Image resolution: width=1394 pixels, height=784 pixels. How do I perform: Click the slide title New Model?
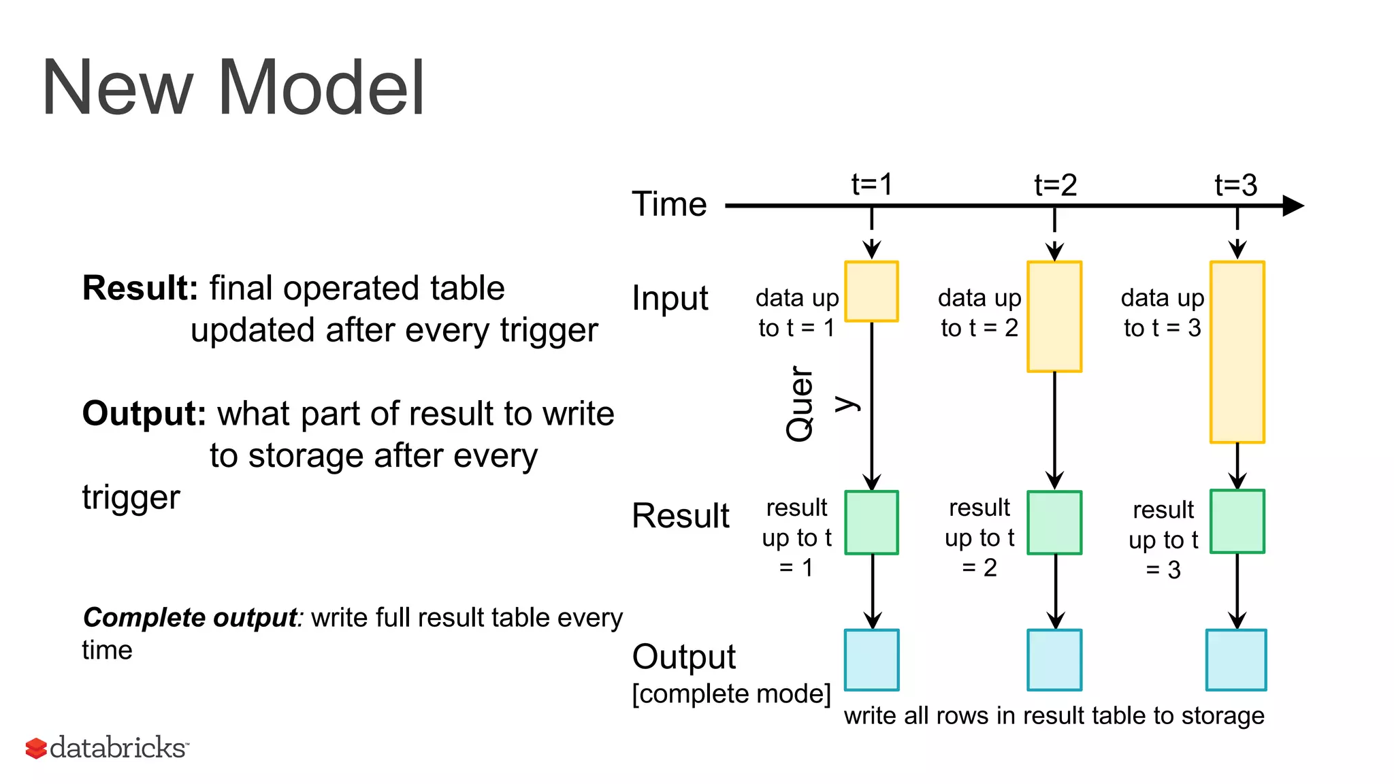pyautogui.click(x=233, y=88)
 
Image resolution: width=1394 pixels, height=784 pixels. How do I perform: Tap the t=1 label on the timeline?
pyautogui.click(x=872, y=184)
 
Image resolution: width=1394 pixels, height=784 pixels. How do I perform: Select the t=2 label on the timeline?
pyautogui.click(x=1055, y=185)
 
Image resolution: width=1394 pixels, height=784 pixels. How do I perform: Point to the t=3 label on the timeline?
pyautogui.click(x=1236, y=185)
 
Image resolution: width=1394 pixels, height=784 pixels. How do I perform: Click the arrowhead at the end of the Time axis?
pyautogui.click(x=1293, y=206)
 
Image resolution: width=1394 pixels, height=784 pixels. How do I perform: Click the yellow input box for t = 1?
pyautogui.click(x=871, y=291)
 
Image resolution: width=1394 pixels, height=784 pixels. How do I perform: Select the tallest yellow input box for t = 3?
pyautogui.click(x=1237, y=352)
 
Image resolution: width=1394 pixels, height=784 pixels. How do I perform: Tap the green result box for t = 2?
pyautogui.click(x=1054, y=523)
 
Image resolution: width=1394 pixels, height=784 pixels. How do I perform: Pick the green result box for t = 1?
pyautogui.click(x=871, y=523)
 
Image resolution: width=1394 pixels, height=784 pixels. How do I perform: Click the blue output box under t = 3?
pyautogui.click(x=1236, y=660)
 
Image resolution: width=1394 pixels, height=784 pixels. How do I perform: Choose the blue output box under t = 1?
pyautogui.click(x=871, y=660)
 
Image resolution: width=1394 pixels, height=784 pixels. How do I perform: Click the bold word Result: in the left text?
pyautogui.click(x=140, y=288)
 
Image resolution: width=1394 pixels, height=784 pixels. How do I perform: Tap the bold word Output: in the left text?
pyautogui.click(x=144, y=414)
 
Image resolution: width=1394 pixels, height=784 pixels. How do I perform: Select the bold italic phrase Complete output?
pyautogui.click(x=190, y=618)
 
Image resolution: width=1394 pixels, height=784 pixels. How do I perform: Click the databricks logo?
pyautogui.click(x=107, y=748)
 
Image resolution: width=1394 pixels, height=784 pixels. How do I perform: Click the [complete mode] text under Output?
pyautogui.click(x=731, y=694)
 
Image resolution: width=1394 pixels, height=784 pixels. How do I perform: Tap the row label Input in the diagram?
pyautogui.click(x=670, y=299)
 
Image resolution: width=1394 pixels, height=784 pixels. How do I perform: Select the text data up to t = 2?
pyautogui.click(x=979, y=313)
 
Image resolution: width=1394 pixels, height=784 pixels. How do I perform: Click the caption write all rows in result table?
pyautogui.click(x=1054, y=716)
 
